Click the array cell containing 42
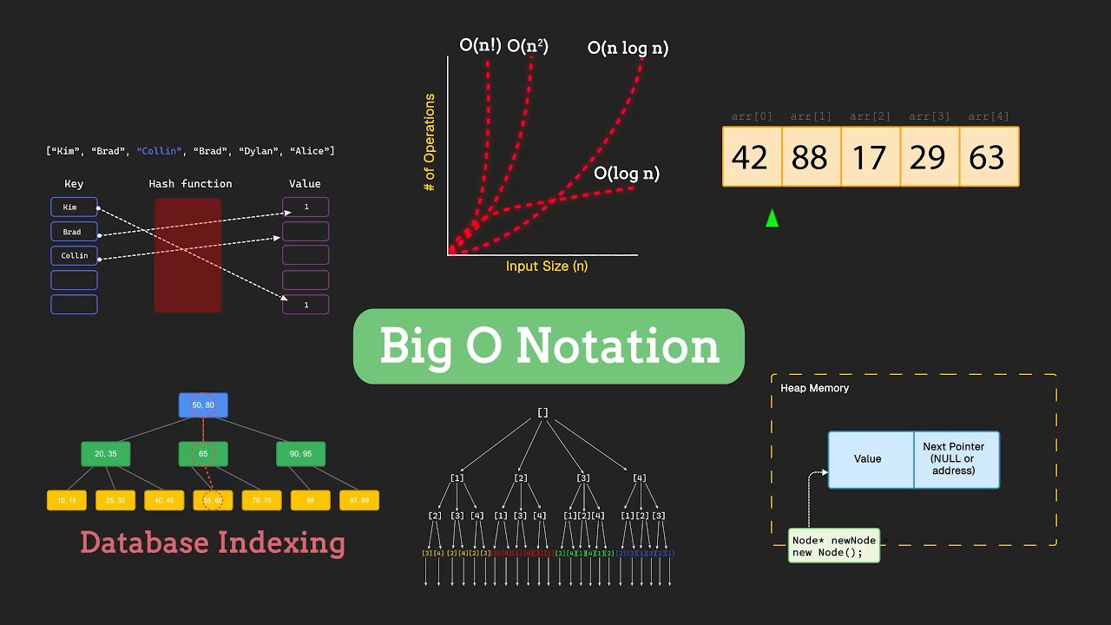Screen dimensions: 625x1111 pos(752,157)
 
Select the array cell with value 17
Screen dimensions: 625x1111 pos(870,157)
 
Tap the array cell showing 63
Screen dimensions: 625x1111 pos(989,157)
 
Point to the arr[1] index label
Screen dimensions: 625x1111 pos(811,116)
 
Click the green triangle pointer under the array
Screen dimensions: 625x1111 pos(772,219)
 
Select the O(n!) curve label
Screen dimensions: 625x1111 pos(480,45)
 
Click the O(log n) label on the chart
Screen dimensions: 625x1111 pos(626,174)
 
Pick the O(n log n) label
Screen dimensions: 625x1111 pos(628,49)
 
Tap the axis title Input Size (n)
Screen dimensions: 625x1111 pos(547,266)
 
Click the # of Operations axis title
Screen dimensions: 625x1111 pos(430,142)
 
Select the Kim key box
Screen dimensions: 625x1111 pos(74,207)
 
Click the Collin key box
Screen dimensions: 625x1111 pos(74,256)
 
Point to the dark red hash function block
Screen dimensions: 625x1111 pos(188,255)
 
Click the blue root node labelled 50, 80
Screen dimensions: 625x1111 pos(203,405)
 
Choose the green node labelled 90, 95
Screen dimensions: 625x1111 pos(300,454)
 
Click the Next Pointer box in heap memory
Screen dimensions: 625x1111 pos(955,459)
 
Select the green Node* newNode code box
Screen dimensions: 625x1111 pos(833,546)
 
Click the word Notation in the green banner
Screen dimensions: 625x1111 pos(618,346)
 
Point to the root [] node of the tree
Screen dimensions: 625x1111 pos(542,412)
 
